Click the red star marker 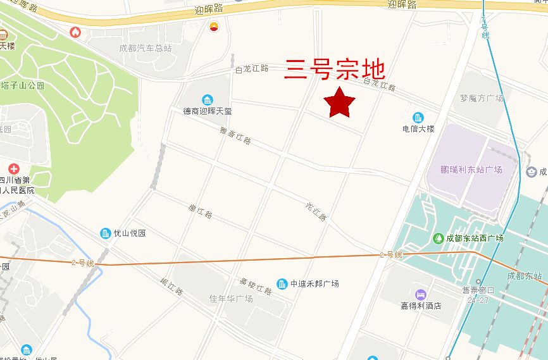[x=339, y=102]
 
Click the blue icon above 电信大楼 [x=418, y=117]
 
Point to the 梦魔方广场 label [x=482, y=98]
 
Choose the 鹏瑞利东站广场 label [x=471, y=170]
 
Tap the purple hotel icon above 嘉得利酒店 [x=420, y=294]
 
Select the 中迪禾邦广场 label [x=314, y=283]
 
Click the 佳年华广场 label [x=231, y=298]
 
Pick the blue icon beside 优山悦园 [x=105, y=233]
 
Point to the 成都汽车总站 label [x=146, y=48]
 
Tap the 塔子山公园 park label [x=23, y=85]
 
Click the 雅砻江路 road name [x=235, y=136]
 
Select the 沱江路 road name [x=316, y=211]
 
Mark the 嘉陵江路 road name [x=256, y=286]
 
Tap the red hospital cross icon [x=13, y=169]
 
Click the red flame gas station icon [x=75, y=32]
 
